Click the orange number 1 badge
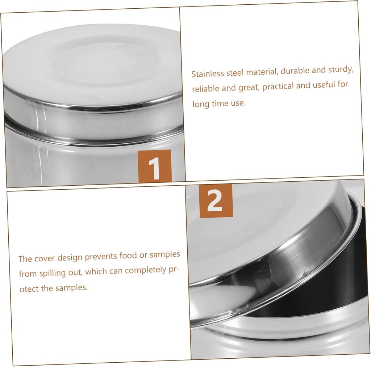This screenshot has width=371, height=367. point(154,166)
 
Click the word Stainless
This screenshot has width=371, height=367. point(208,74)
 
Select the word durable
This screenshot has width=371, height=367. point(294,71)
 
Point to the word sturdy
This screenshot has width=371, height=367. point(341,69)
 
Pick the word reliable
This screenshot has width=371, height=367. point(205,89)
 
